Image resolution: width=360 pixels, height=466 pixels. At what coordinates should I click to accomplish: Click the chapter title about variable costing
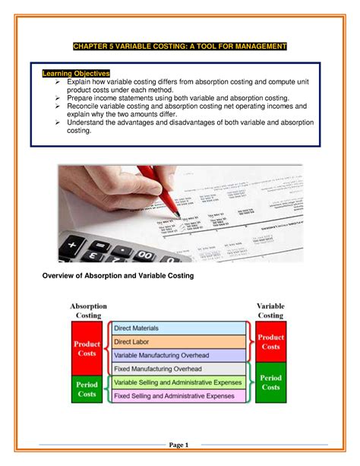pos(179,47)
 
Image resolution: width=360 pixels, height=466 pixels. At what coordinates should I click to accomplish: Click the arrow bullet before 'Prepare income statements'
pos(58,98)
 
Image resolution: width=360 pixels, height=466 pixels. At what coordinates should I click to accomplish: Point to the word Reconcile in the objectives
pos(86,106)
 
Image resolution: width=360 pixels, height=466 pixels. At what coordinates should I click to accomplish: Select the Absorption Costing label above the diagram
pos(90,310)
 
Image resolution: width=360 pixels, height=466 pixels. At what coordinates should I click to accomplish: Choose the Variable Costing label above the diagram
pos(270,310)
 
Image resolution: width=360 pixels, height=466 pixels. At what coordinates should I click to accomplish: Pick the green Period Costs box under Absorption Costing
pos(87,389)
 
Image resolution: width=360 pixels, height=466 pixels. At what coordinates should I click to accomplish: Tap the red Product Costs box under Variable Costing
pos(270,342)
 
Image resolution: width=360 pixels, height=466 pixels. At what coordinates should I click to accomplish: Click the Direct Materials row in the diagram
pos(179,328)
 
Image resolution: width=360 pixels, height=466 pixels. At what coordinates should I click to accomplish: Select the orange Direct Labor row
pos(179,342)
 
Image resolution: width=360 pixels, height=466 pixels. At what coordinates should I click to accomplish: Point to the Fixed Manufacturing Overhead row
pos(179,369)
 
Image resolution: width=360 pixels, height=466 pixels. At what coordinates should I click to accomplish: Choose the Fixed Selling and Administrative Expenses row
pos(179,396)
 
